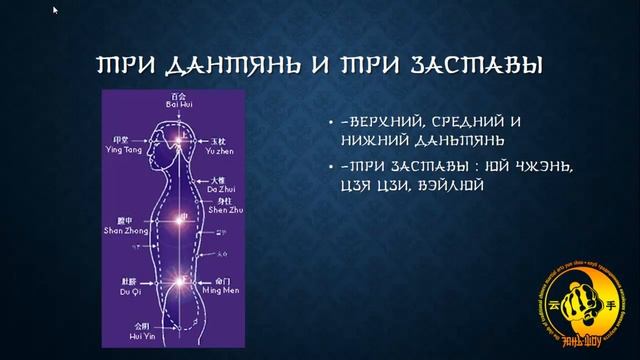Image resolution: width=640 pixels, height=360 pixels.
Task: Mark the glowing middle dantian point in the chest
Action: tap(181, 217)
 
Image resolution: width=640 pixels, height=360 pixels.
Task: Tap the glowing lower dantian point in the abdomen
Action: tap(181, 282)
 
